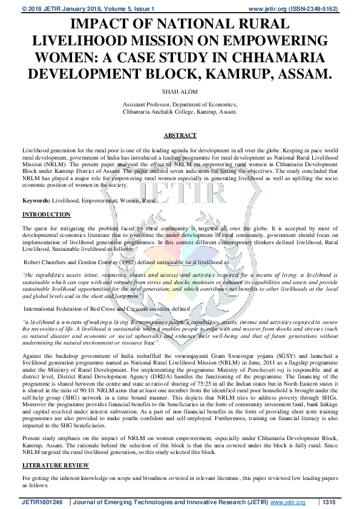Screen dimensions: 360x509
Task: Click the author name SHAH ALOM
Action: (x=180, y=91)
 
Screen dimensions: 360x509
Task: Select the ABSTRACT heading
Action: (x=180, y=136)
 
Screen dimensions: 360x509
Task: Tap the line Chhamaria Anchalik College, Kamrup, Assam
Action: (x=180, y=112)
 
